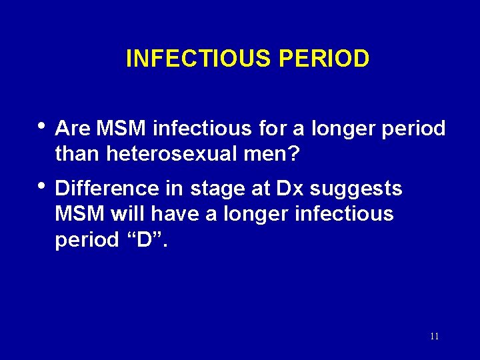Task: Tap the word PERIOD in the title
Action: click(x=324, y=59)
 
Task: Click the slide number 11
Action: click(x=434, y=337)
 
